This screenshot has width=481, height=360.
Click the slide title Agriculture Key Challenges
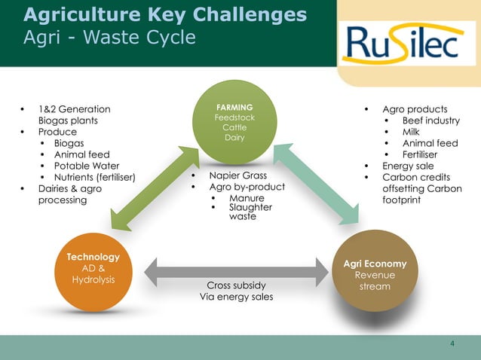[165, 15]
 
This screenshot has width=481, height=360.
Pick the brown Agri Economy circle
[375, 274]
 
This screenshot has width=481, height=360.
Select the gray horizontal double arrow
[233, 271]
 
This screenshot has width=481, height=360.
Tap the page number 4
[452, 344]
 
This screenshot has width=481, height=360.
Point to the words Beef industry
[430, 121]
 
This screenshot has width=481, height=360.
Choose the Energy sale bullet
[408, 166]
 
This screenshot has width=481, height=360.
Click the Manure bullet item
[247, 198]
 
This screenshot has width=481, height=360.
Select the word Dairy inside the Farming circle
[234, 138]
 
